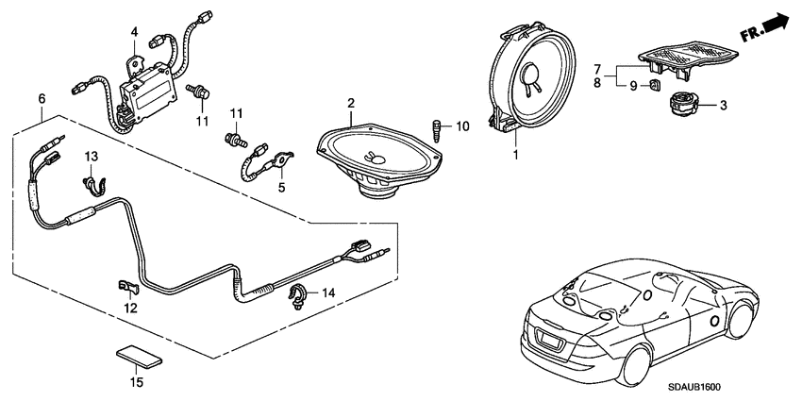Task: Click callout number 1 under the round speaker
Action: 515,152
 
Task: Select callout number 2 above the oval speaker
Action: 350,102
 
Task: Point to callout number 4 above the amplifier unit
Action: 135,31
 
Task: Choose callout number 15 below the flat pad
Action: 136,381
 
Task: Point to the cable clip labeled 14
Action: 297,294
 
